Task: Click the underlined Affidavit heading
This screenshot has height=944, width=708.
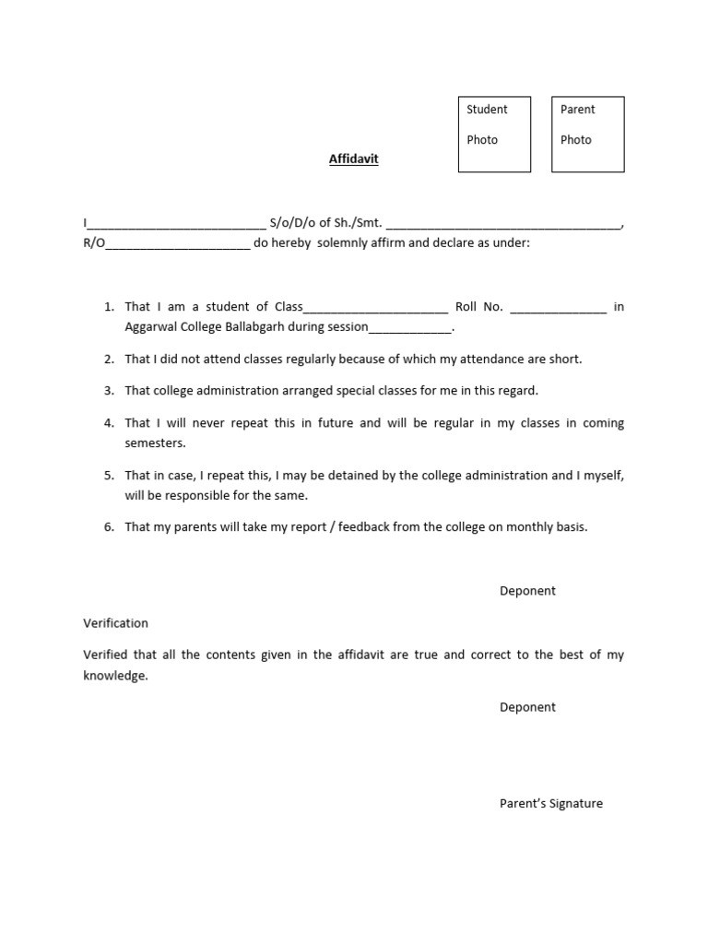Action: (x=354, y=159)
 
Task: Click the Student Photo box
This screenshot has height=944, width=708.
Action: (x=494, y=135)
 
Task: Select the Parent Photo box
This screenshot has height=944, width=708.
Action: (x=587, y=135)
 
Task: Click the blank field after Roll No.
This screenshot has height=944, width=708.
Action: (x=558, y=309)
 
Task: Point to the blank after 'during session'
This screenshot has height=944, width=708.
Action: (x=410, y=329)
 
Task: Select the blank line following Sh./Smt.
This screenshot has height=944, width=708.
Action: (x=502, y=225)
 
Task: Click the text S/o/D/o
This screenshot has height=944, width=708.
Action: (x=292, y=223)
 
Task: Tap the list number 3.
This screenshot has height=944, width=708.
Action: (x=109, y=390)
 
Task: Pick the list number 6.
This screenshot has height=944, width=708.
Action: (x=109, y=527)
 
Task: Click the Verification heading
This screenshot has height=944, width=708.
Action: (x=115, y=623)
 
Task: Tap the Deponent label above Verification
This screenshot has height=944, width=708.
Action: (x=527, y=591)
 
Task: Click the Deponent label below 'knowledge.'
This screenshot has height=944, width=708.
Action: (x=527, y=707)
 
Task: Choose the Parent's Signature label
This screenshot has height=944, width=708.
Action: (x=550, y=803)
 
